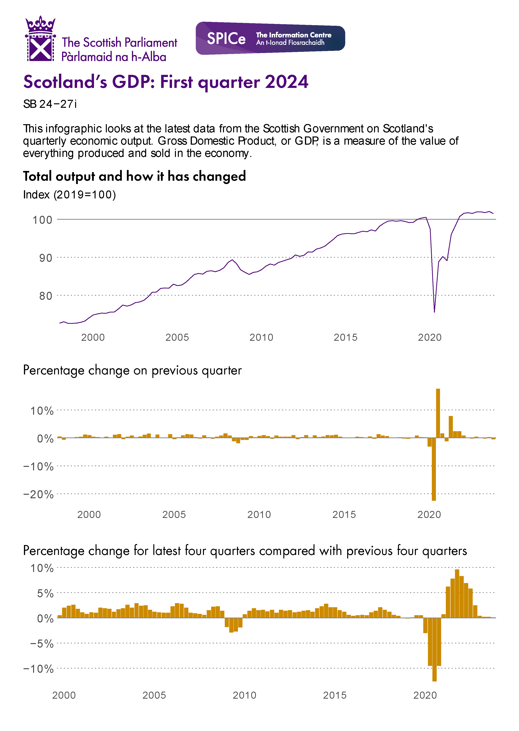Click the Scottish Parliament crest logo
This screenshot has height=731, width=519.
(x=40, y=39)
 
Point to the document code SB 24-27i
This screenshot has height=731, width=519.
(x=50, y=104)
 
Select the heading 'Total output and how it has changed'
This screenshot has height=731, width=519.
(x=134, y=176)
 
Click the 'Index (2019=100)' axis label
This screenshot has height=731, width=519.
(x=69, y=195)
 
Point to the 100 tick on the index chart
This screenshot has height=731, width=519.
(x=42, y=220)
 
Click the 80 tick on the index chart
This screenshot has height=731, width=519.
(x=45, y=296)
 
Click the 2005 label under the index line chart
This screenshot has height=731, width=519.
(x=177, y=337)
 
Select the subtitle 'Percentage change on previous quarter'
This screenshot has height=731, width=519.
(x=132, y=370)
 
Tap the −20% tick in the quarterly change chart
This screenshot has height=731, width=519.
(x=38, y=495)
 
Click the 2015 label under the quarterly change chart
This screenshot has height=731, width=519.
(x=344, y=515)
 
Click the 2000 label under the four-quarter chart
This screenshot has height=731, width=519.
(x=64, y=695)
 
